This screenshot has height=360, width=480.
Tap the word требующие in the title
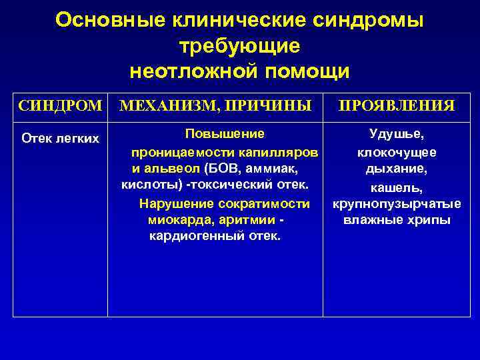tap(240, 46)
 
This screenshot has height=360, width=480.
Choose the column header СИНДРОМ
tap(61, 105)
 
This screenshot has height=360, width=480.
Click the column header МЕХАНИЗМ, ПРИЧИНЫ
tap(215, 105)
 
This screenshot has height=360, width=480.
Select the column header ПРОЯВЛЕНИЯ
tap(397, 105)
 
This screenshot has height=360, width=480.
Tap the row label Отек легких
tap(61, 138)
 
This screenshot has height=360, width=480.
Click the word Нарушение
tap(169, 203)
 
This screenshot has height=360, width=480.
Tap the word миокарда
tap(177, 219)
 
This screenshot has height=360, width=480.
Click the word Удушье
tap(397, 134)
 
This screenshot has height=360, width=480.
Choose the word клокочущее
tap(397, 152)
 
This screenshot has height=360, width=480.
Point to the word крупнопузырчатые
tap(397, 203)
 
